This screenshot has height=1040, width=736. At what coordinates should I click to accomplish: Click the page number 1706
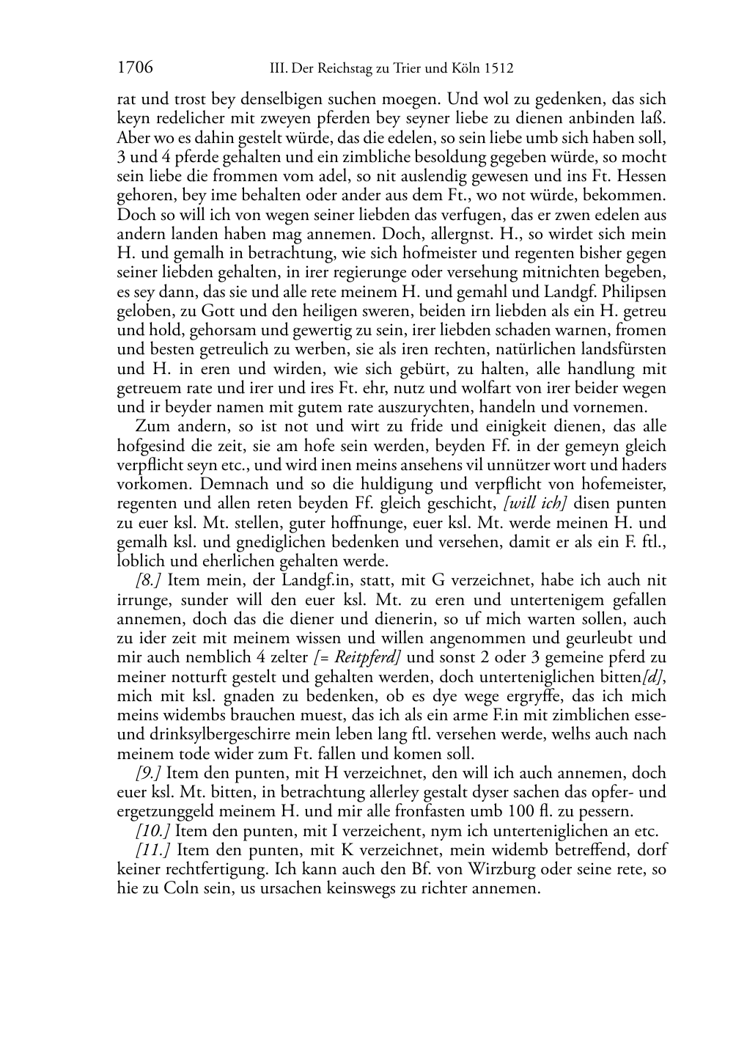click(x=135, y=68)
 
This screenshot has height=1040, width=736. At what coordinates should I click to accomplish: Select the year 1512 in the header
click(x=498, y=69)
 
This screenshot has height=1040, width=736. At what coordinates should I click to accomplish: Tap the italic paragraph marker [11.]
click(x=152, y=850)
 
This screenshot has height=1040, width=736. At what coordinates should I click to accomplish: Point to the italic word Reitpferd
click(x=364, y=657)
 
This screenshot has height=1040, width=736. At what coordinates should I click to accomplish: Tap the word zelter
click(x=289, y=657)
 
